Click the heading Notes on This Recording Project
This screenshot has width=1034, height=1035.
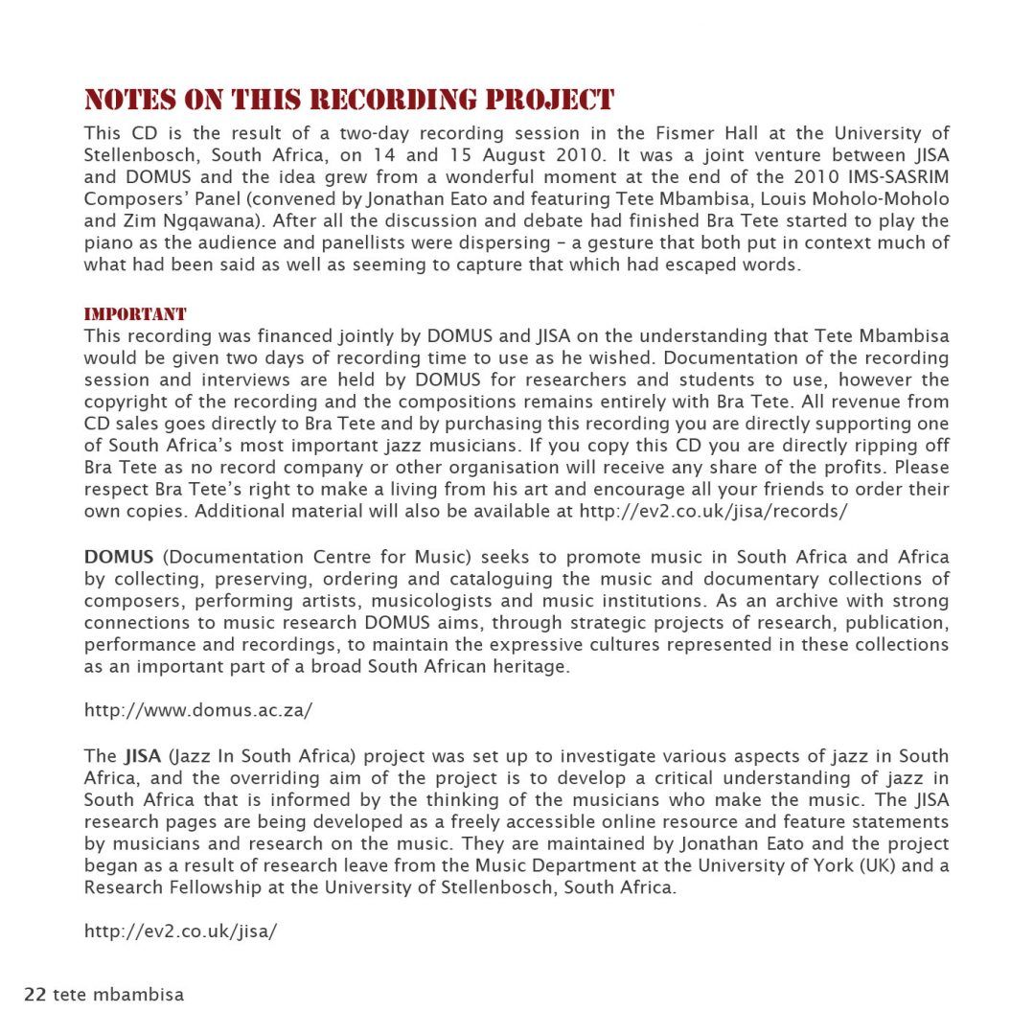[x=349, y=101]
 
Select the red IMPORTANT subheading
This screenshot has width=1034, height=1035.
[x=135, y=314]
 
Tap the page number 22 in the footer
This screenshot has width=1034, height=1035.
[x=34, y=995]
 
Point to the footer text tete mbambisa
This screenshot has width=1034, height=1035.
[x=118, y=995]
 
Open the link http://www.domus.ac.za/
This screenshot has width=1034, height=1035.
[x=198, y=710]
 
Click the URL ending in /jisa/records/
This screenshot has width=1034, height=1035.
[x=713, y=511]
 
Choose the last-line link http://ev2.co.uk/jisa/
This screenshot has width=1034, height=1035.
[x=180, y=931]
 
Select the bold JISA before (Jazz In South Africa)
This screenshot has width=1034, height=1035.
[x=142, y=756]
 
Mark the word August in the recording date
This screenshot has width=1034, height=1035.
[x=512, y=155]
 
